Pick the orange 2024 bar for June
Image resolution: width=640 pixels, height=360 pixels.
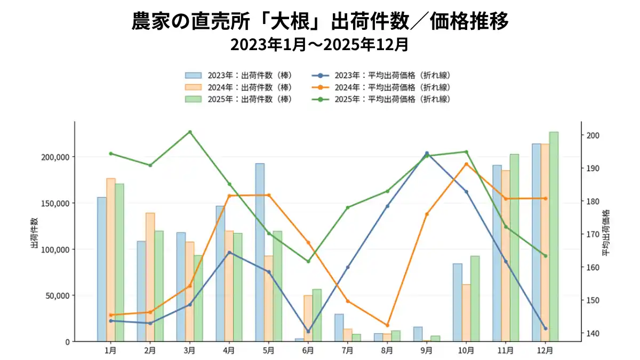click(x=308, y=318)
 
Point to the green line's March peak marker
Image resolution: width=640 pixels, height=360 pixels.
click(x=190, y=132)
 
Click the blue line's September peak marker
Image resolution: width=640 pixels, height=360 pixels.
click(x=427, y=153)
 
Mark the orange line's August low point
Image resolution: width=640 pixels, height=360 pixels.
click(x=387, y=325)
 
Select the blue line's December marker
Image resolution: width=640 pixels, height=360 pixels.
click(x=545, y=329)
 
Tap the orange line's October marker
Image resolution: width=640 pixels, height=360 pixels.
click(x=466, y=164)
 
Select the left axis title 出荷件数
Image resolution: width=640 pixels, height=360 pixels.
click(x=34, y=233)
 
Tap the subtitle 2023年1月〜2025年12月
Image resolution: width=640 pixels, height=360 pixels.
click(x=319, y=45)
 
